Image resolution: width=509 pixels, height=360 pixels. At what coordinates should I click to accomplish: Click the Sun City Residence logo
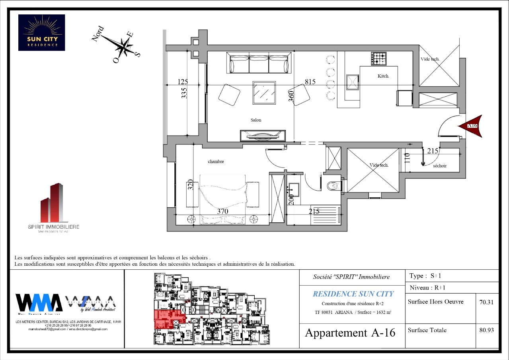coord(41,33)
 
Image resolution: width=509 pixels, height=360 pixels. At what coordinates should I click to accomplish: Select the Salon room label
coord(256,120)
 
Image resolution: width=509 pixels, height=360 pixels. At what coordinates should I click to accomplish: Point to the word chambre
coord(216,162)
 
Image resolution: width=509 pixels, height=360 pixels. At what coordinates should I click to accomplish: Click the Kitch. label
coord(383,76)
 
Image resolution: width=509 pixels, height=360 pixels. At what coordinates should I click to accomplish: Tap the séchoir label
coord(440,166)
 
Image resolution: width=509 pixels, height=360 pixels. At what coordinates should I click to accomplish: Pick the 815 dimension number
coord(310,82)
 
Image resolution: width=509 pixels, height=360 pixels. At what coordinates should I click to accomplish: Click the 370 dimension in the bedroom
coord(222,211)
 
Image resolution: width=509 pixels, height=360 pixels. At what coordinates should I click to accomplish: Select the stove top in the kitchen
coord(379,58)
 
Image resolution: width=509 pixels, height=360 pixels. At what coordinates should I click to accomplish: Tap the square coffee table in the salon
coord(264,93)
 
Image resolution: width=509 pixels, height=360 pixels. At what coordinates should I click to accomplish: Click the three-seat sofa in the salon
coord(259,64)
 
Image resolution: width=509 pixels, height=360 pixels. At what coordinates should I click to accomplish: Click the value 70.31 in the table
coord(486,302)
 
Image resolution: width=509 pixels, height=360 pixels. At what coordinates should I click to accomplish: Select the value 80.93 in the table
coord(486,330)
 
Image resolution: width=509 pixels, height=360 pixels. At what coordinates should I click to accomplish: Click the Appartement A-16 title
coord(350,333)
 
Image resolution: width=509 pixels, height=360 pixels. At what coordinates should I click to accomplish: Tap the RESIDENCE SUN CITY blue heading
coord(353,294)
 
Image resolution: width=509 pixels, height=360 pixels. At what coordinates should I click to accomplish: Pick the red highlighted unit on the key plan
coord(167,318)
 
